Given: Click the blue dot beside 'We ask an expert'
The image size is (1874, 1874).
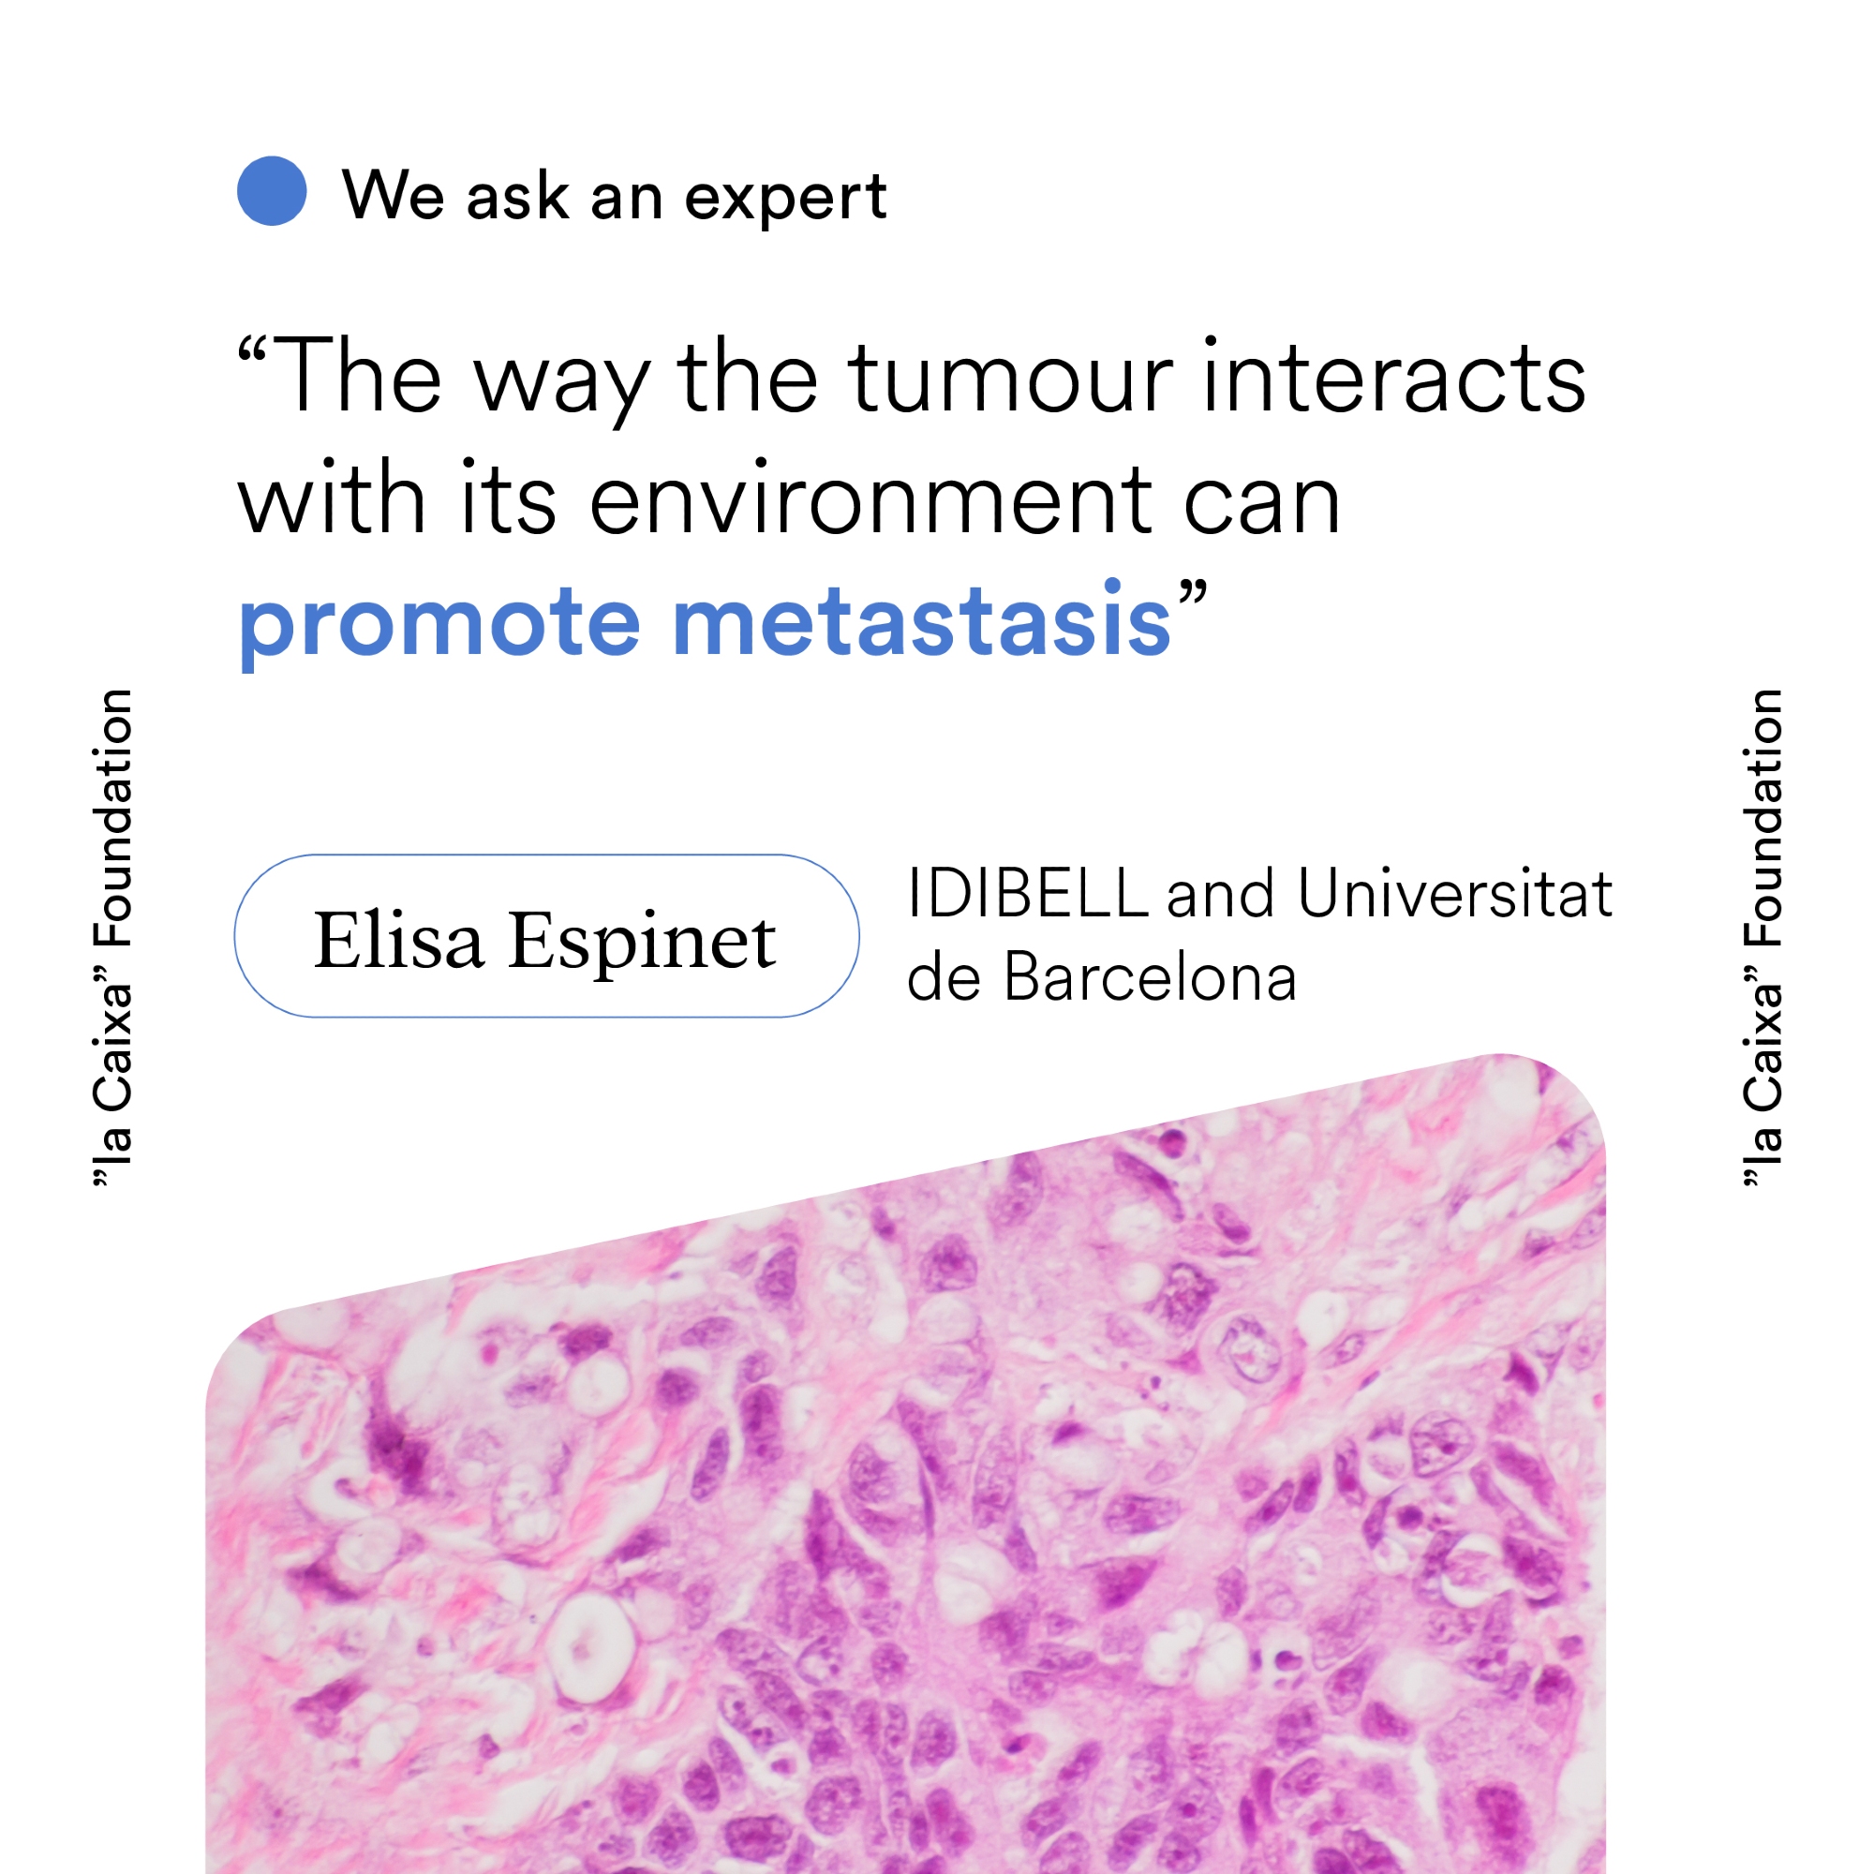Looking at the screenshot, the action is pos(272,191).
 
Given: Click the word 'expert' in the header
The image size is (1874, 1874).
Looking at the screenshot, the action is pos(786,199).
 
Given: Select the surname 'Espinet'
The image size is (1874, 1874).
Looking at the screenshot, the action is pos(642,944).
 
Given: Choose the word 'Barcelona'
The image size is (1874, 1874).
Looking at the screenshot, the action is pos(1150,976).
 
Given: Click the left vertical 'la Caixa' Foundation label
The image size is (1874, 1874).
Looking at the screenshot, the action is pos(112,938).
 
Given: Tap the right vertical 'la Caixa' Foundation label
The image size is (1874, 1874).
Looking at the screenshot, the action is pos(1762,938).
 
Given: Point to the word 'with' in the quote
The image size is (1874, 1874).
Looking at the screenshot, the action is pos(332,497).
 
